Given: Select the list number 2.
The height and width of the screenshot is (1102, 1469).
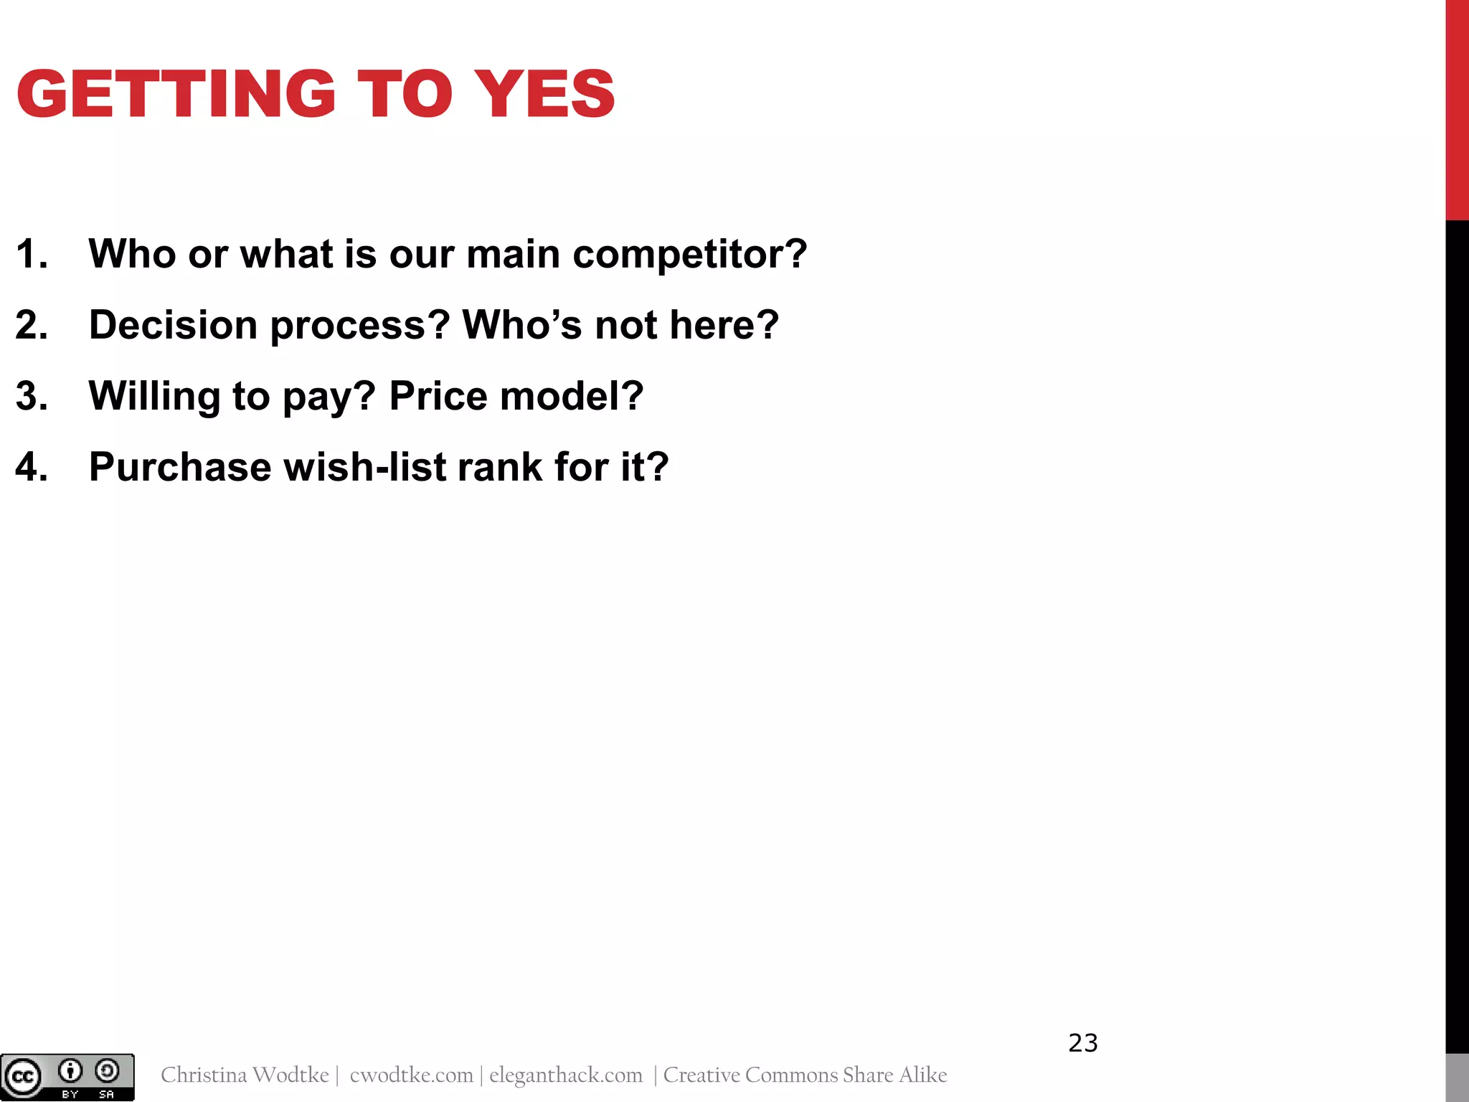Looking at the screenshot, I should pos(32,325).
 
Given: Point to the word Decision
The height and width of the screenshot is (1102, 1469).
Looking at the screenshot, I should pos(173,325).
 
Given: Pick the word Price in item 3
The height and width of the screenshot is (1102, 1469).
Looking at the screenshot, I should pos(438,396).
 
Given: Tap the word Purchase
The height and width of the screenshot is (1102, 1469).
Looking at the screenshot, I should pos(179,467).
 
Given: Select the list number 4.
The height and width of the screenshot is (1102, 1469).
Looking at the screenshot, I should pos(32,467).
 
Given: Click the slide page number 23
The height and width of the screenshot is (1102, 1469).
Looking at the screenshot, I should pos(1082,1043).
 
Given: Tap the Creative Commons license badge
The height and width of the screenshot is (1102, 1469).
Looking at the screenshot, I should pos(67,1076).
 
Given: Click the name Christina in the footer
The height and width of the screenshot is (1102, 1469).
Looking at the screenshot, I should pos(204,1075).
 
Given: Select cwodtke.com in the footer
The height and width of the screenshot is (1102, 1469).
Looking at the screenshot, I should pos(412,1075).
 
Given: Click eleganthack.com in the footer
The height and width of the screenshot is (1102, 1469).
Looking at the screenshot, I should pos(566,1075).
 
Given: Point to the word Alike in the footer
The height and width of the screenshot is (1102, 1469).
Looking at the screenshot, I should pos(923,1075).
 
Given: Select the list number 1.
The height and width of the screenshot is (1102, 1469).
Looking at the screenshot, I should pos(32,255).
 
